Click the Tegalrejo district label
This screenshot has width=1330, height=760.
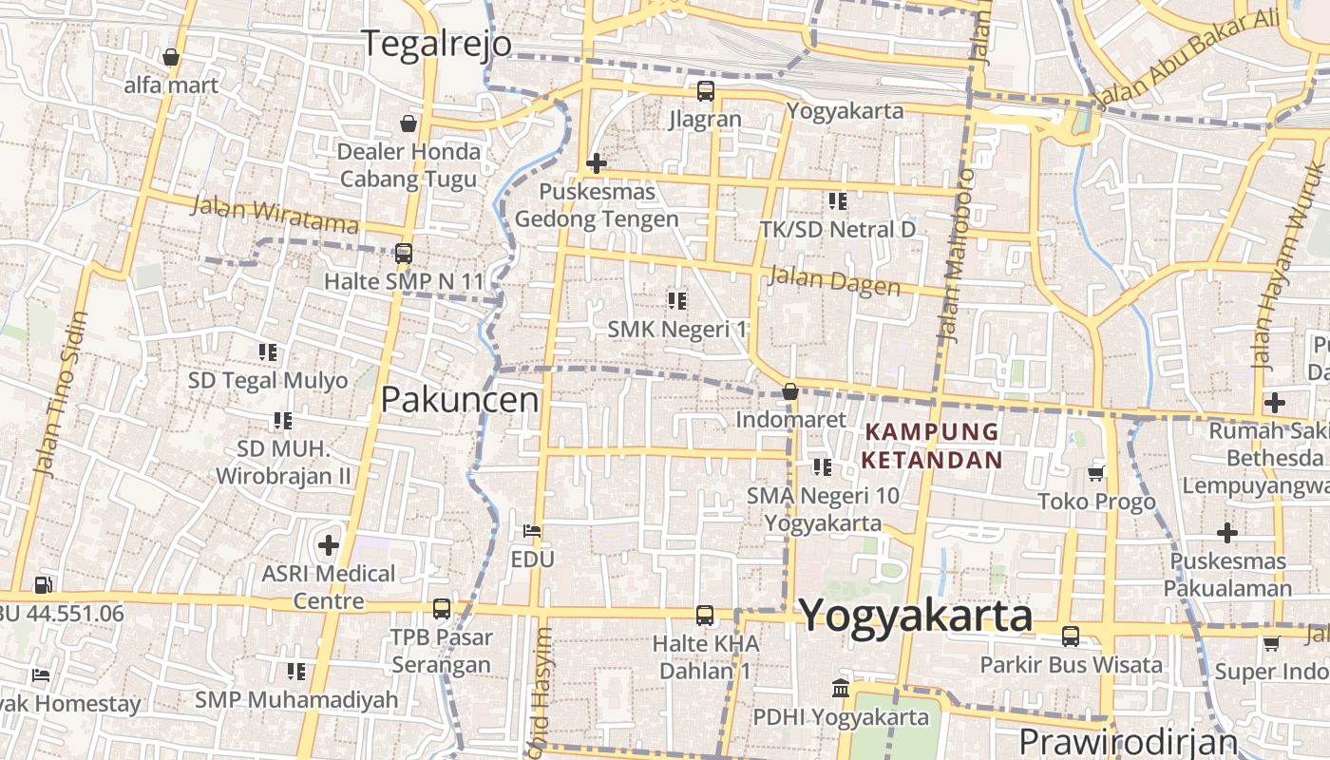(437, 44)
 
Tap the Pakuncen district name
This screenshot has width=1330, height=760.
(460, 400)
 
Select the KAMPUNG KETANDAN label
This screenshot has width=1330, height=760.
(932, 446)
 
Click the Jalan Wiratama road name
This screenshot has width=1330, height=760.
(275, 214)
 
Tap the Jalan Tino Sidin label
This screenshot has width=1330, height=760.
(59, 393)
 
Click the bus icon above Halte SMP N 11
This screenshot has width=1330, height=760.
(404, 254)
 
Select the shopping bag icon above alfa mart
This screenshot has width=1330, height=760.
(171, 57)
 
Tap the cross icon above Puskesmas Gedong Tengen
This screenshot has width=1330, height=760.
(596, 163)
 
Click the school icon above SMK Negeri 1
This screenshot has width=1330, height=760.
(676, 301)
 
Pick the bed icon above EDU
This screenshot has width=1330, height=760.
(532, 530)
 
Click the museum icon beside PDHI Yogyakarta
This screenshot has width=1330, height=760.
(840, 688)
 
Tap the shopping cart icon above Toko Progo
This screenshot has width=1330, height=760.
(1096, 473)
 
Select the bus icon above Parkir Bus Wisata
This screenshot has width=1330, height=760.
(1071, 636)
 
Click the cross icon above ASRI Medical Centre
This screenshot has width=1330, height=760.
(329, 545)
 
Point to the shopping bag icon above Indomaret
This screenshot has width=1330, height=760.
(789, 390)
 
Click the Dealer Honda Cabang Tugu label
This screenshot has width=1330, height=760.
(409, 165)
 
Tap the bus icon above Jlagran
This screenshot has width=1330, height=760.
(705, 91)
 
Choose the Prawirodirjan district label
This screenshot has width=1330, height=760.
(1128, 741)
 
